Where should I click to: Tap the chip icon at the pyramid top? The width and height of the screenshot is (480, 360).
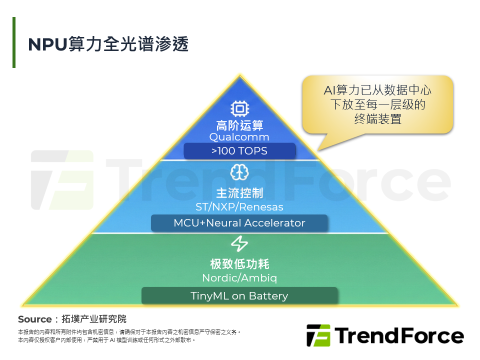click(239, 109)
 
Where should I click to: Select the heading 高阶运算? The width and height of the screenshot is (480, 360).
click(239, 125)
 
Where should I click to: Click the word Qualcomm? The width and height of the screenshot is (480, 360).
click(239, 137)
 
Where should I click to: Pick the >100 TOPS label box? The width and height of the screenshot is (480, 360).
click(239, 151)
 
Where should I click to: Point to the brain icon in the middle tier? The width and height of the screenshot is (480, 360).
click(239, 172)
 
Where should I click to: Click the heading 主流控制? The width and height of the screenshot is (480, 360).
click(239, 193)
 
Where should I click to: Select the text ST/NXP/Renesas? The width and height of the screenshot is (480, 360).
click(239, 207)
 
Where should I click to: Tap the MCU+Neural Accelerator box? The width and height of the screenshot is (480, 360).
click(239, 223)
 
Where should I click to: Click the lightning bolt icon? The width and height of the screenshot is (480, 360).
click(239, 244)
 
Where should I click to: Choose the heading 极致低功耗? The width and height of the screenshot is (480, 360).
click(239, 264)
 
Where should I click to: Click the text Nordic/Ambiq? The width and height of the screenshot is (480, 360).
click(239, 277)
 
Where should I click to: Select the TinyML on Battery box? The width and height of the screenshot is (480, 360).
click(239, 295)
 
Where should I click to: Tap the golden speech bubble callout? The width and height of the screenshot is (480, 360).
click(377, 105)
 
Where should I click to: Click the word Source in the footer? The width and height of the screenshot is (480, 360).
click(34, 319)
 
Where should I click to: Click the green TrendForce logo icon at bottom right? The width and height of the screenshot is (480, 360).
click(318, 335)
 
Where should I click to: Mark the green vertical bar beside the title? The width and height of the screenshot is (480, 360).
click(14, 42)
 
